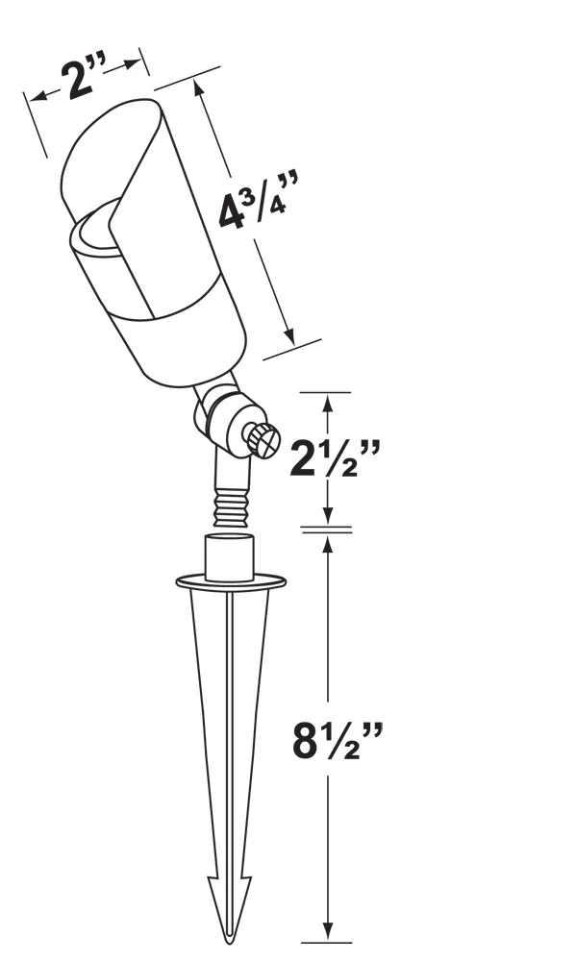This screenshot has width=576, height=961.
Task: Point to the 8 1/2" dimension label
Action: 337,739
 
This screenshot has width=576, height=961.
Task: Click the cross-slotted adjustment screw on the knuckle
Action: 262,439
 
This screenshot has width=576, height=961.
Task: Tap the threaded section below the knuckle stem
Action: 231,506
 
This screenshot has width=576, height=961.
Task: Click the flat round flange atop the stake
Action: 231,581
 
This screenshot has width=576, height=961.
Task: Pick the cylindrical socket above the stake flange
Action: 230,556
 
